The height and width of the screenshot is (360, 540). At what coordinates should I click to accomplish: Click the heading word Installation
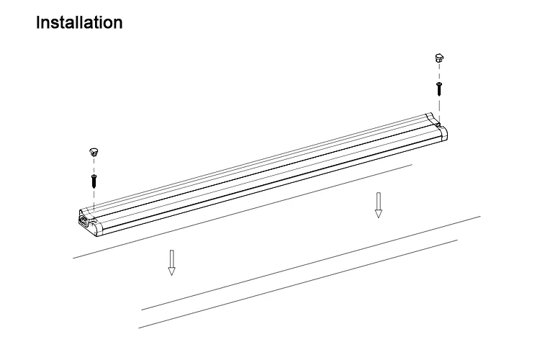click(79, 23)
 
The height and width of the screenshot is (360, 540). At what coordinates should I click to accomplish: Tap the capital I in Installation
click(37, 23)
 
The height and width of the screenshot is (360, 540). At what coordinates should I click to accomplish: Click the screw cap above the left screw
click(93, 152)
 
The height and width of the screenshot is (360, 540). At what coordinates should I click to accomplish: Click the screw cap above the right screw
click(438, 58)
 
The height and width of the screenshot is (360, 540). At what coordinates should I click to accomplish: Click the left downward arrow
click(171, 262)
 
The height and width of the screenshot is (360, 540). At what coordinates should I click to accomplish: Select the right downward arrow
click(378, 204)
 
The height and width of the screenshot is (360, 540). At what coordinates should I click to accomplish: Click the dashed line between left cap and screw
click(93, 164)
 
